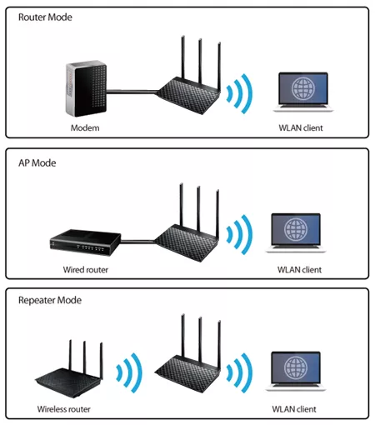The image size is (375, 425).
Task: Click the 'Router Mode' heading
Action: pos(45,17)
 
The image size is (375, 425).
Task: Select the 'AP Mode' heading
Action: pos(37,163)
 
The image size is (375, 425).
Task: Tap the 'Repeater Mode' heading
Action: pos(50,300)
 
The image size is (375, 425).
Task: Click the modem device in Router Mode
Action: pos(86,88)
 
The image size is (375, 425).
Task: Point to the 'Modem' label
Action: pos(85,127)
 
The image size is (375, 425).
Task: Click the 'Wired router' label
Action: pos(86,270)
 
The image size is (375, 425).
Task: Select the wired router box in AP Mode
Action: pos(85,242)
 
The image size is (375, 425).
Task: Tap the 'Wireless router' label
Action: pos(64,409)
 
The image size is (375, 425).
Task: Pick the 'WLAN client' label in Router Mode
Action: pos(301,127)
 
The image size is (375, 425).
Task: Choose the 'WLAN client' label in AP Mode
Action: pos(299,270)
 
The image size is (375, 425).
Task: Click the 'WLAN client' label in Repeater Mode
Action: pos(294,409)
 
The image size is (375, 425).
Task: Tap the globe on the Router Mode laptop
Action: pos(303,88)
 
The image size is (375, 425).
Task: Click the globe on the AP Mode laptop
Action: pos(296,229)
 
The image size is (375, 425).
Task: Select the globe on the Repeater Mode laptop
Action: pos(296,367)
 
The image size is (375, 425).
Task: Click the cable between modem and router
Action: pos(132,92)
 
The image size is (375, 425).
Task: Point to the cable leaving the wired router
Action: pos(137,242)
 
